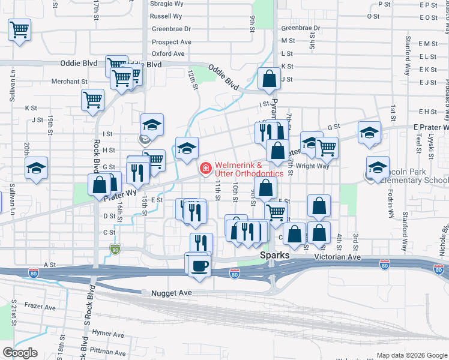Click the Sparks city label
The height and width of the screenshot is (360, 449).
tap(274, 256)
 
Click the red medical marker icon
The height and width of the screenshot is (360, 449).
tap(205, 169)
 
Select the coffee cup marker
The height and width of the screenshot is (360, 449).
tap(199, 265)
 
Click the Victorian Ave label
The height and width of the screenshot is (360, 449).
tap(338, 256)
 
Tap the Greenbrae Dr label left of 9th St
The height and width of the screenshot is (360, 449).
tap(171, 29)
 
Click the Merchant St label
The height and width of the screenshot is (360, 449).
tap(70, 82)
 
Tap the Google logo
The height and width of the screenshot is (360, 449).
tap(20, 353)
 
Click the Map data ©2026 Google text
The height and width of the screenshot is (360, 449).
tap(412, 355)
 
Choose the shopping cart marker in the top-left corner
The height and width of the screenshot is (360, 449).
tap(20, 29)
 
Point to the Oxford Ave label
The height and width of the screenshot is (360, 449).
tap(168, 54)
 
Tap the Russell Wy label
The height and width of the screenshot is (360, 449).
tap(166, 16)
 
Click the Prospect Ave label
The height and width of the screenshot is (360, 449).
tap(172, 42)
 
